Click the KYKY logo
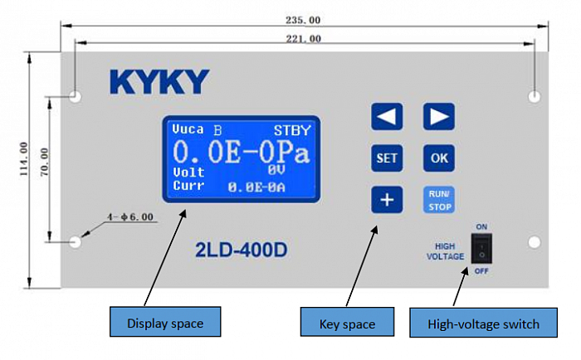click(x=159, y=82)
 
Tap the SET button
click(x=387, y=158)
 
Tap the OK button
click(x=439, y=158)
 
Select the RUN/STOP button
click(x=439, y=200)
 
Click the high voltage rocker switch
click(x=481, y=249)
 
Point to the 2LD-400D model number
click(x=242, y=250)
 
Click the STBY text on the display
click(x=292, y=130)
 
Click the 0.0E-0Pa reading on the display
click(x=242, y=153)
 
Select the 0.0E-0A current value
click(x=256, y=187)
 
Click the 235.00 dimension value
click(x=303, y=20)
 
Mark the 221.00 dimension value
click(x=304, y=38)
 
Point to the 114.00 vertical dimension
click(x=24, y=159)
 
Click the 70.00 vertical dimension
click(x=44, y=162)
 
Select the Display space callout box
click(x=165, y=322)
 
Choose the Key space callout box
click(x=347, y=322)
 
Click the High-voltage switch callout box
click(x=484, y=322)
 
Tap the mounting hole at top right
click(x=535, y=97)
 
